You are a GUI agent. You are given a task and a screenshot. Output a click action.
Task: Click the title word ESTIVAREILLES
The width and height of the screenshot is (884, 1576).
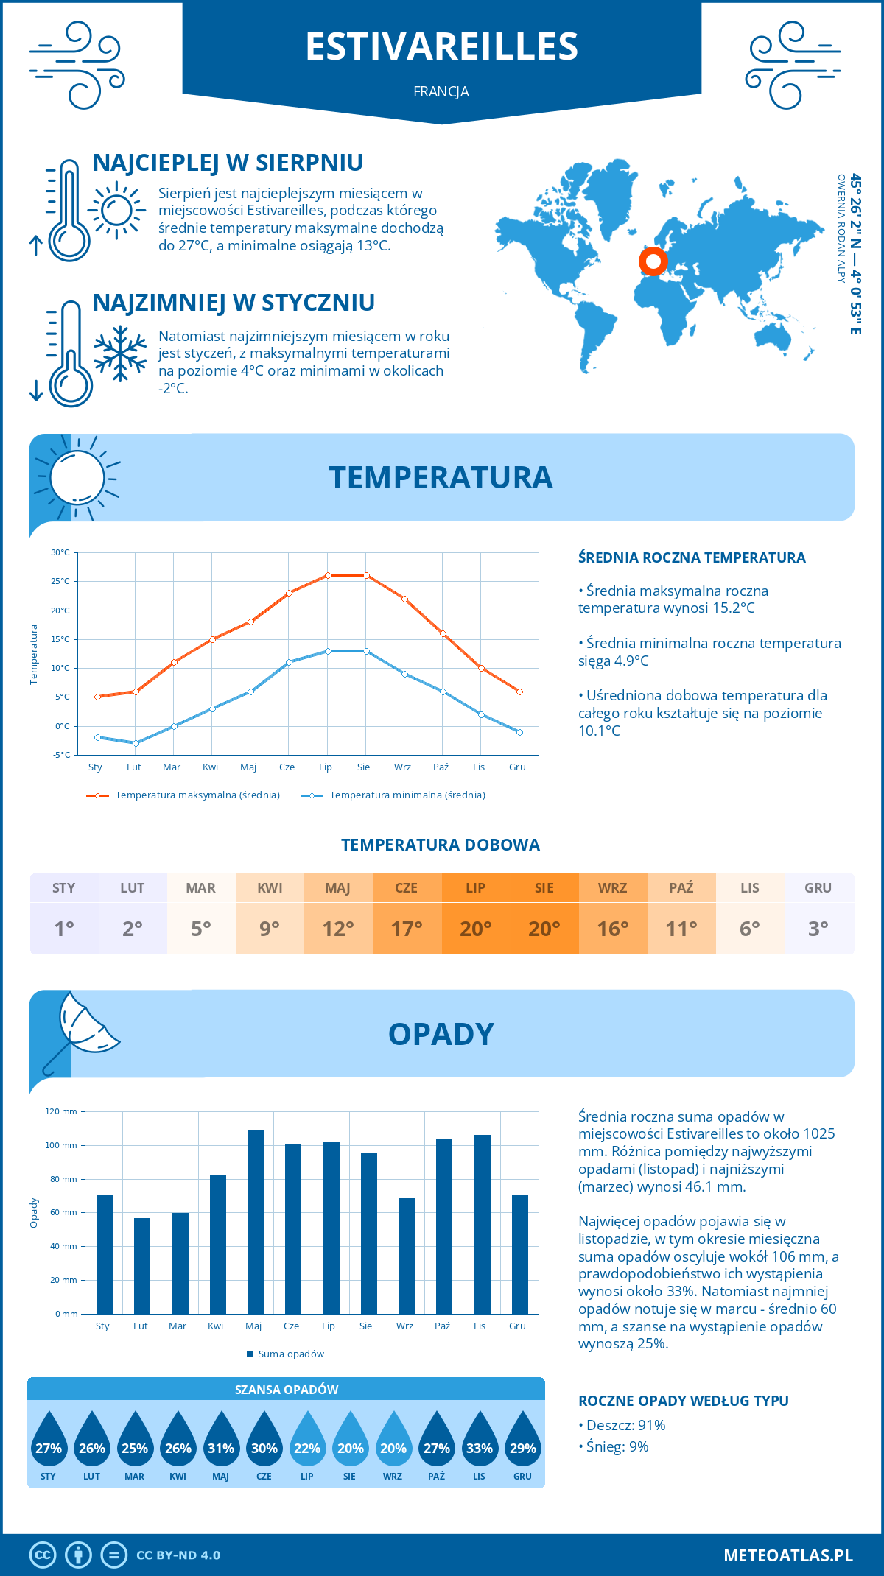[442, 46]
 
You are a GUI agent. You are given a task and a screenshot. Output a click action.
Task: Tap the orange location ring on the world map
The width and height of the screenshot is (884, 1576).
[653, 261]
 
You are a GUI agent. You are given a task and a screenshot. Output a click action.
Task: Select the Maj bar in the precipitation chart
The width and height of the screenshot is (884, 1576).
[256, 1222]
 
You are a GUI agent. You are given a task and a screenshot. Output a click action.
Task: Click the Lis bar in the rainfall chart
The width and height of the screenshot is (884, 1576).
[483, 1224]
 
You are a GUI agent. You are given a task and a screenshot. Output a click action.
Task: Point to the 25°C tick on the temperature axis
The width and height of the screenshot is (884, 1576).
[60, 581]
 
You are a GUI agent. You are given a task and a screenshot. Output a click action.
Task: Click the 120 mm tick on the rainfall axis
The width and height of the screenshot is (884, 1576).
[61, 1111]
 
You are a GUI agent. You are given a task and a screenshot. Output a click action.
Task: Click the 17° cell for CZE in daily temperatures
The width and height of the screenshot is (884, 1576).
[407, 928]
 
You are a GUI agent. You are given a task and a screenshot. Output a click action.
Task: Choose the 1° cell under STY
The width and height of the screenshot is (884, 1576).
[64, 928]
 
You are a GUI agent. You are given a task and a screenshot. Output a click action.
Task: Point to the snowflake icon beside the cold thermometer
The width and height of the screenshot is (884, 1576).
[120, 354]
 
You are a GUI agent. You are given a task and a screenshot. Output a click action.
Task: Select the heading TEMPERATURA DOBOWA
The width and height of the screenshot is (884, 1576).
[441, 845]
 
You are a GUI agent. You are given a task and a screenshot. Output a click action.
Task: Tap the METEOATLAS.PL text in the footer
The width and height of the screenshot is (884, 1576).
[788, 1555]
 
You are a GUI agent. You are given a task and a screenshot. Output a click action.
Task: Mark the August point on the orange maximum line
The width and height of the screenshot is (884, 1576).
[366, 575]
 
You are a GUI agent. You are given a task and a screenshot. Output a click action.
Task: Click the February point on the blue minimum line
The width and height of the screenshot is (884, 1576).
[136, 743]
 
